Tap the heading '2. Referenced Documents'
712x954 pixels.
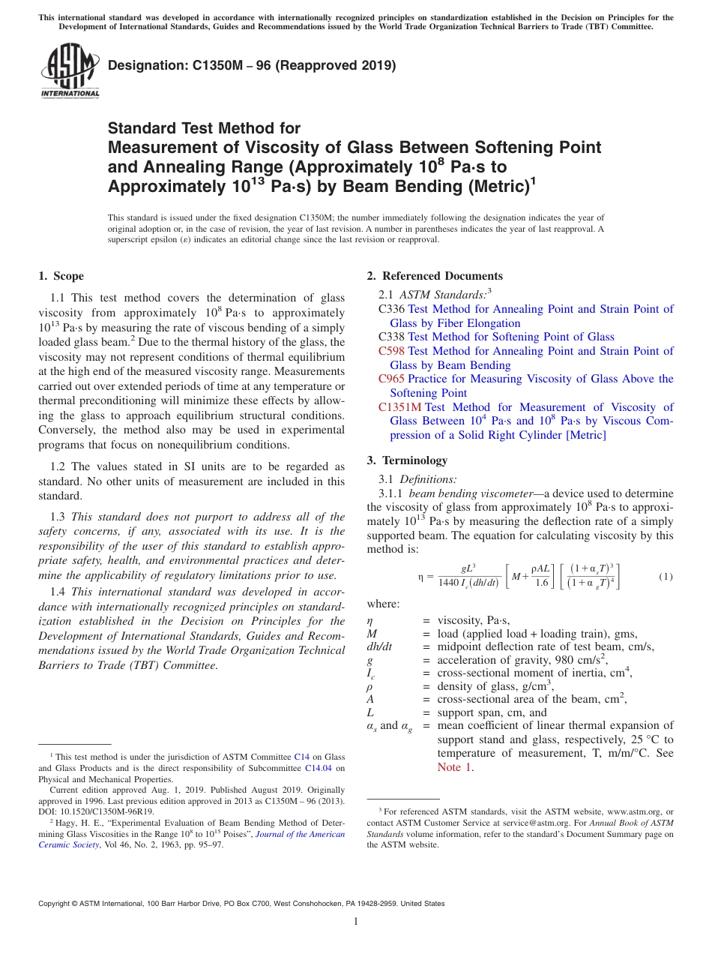[435, 276]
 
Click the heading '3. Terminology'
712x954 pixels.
[407, 460]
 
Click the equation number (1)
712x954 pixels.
[666, 577]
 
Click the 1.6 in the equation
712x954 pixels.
[541, 583]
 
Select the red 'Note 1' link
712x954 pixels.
[455, 767]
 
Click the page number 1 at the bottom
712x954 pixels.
[356, 922]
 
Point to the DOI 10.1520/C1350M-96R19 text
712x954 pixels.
[96, 811]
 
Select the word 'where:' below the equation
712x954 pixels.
[383, 604]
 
